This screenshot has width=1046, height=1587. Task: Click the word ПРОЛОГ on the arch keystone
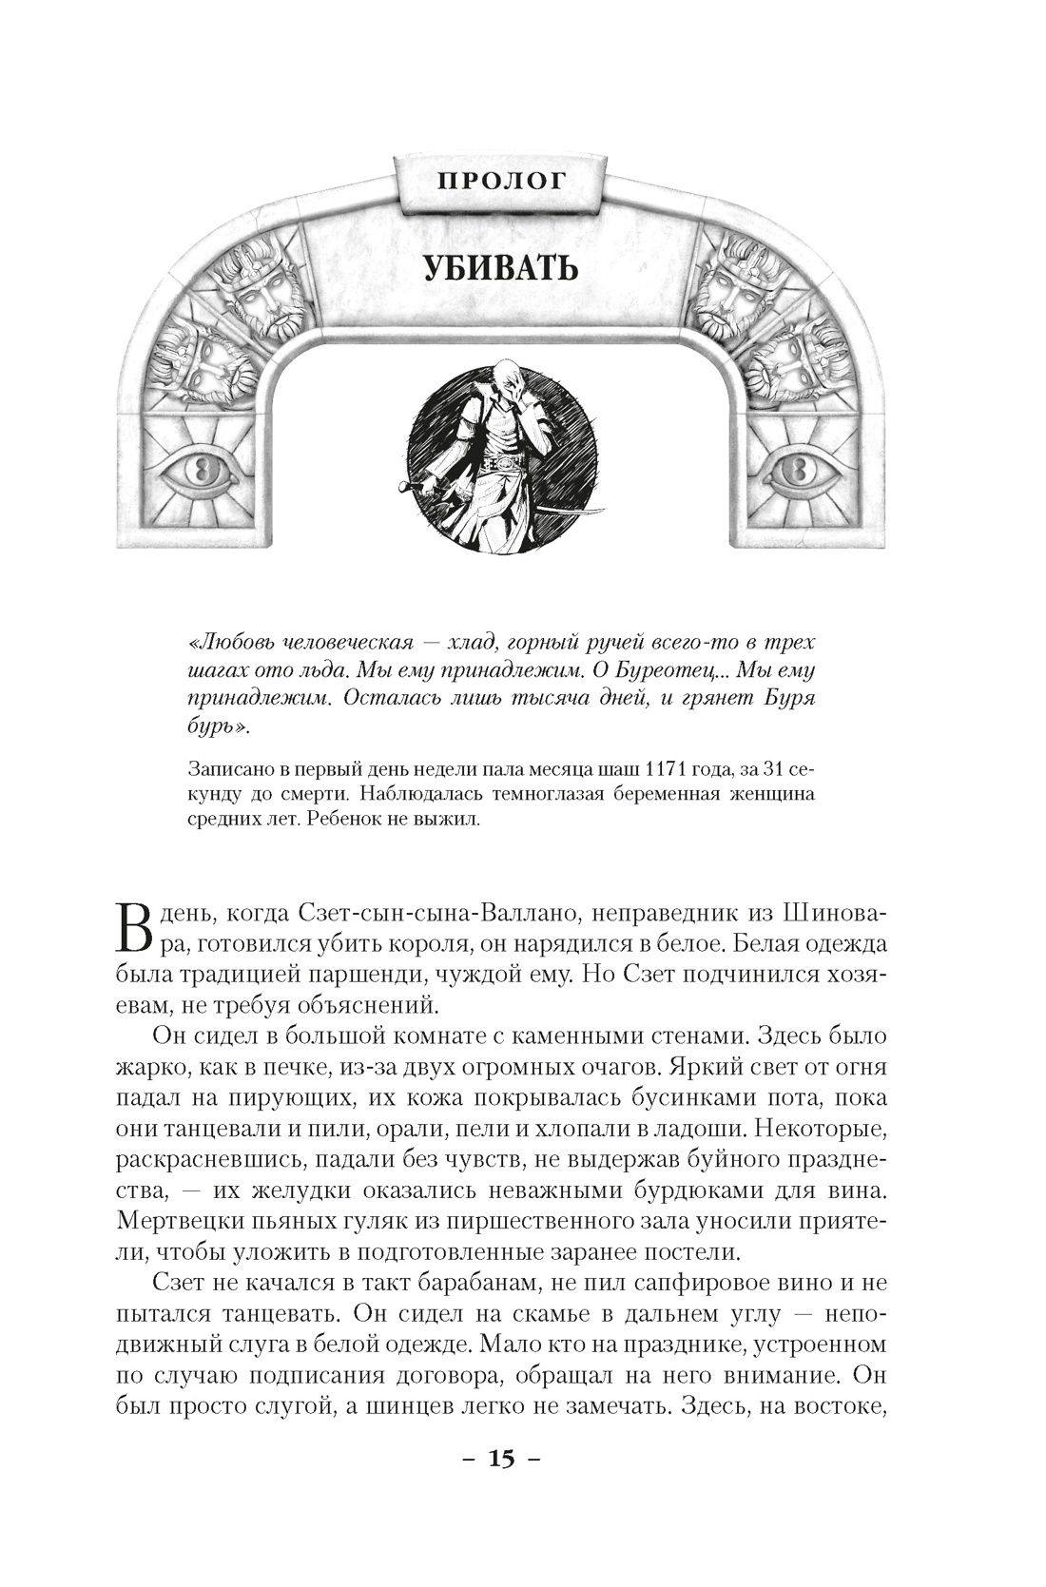[501, 180]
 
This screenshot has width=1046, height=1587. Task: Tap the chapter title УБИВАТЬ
[501, 269]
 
